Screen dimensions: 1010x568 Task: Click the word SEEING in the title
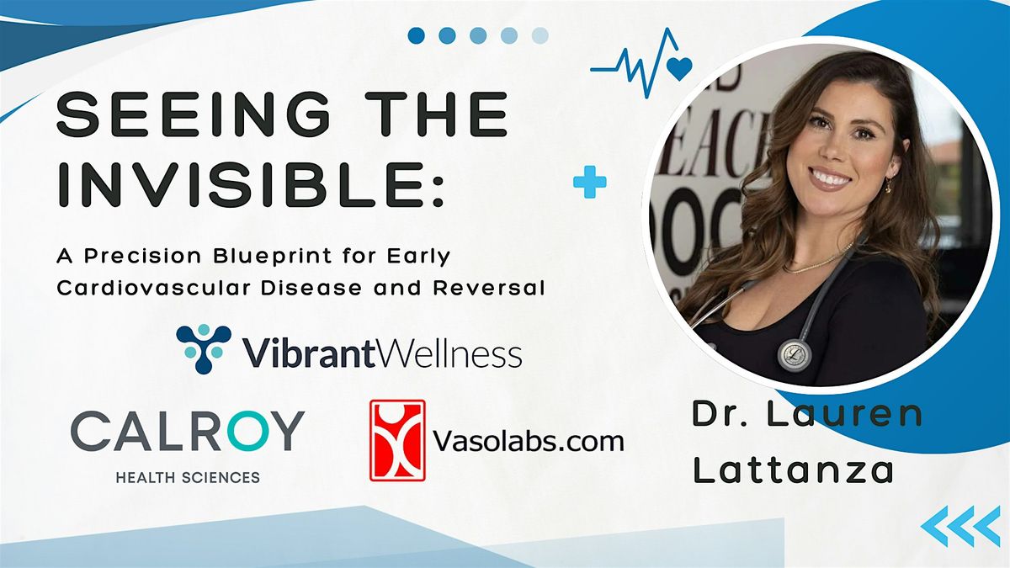(194, 114)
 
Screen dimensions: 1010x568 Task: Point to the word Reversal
(489, 288)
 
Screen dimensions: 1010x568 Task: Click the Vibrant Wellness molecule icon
(204, 348)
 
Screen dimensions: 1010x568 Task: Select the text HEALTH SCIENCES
(188, 477)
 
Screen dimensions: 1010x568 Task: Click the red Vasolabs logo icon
(397, 440)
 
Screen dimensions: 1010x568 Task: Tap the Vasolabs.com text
(529, 440)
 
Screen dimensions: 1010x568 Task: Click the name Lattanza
(793, 470)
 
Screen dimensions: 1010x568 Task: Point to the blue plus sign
(590, 182)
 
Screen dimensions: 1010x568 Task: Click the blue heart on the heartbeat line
(679, 68)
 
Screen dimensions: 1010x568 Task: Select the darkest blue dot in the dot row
(416, 35)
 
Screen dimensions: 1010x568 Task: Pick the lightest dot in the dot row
(540, 35)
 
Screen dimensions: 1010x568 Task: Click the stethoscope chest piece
(795, 355)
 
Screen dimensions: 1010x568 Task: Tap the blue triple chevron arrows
(961, 526)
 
